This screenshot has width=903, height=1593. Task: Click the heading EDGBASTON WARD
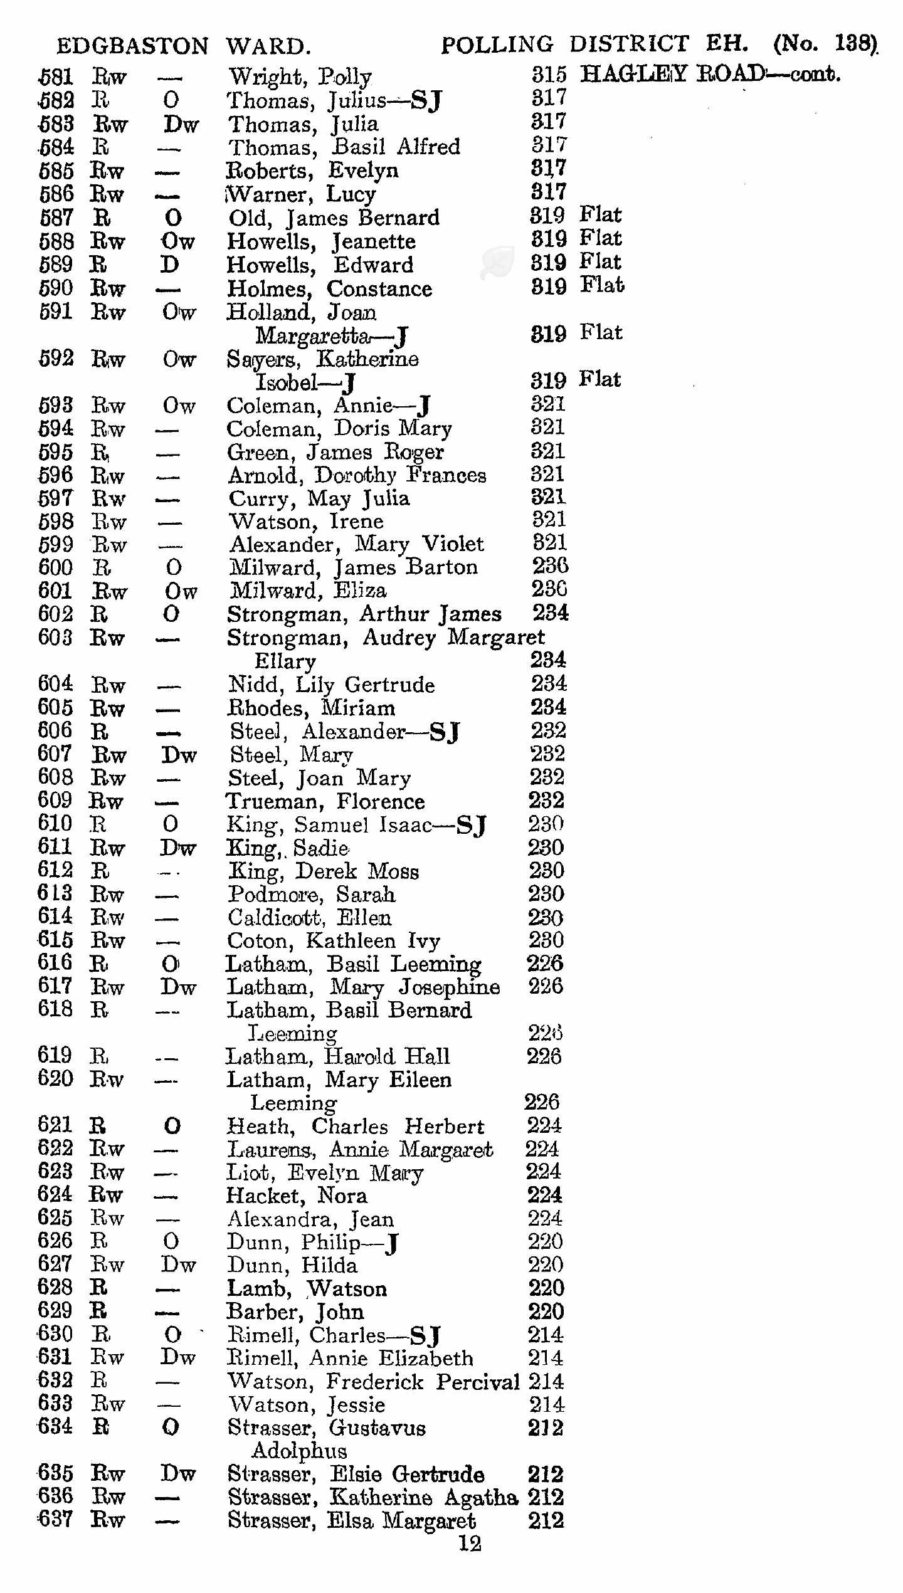click(183, 46)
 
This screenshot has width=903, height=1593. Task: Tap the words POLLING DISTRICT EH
click(594, 44)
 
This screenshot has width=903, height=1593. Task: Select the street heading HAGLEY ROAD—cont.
click(710, 74)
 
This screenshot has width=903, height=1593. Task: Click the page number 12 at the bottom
click(470, 1543)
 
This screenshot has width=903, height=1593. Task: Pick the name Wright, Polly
click(300, 77)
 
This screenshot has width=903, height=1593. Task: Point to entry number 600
click(55, 567)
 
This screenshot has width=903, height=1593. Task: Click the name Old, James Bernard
click(334, 218)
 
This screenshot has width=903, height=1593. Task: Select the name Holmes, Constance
click(329, 289)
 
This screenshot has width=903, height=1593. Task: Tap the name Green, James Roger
click(335, 452)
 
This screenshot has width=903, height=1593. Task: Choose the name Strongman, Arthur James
click(364, 614)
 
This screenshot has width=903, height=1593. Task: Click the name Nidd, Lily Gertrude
click(331, 685)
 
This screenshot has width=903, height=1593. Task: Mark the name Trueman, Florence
click(325, 801)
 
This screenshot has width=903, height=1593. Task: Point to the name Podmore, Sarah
click(312, 894)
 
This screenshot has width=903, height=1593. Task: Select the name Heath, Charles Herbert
click(355, 1126)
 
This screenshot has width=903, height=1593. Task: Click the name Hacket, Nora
click(297, 1196)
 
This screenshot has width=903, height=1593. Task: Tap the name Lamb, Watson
click(307, 1288)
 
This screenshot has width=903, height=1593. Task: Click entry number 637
click(55, 1519)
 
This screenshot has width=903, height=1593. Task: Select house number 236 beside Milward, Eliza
click(549, 589)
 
